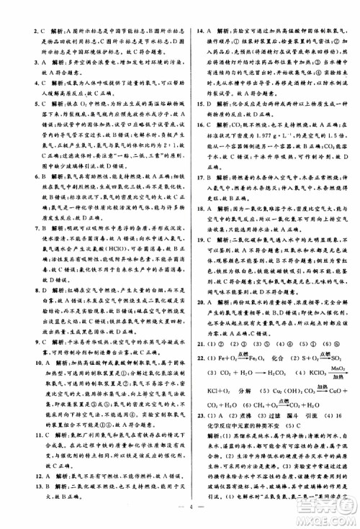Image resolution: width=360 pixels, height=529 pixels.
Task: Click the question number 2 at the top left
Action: (27, 32)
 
